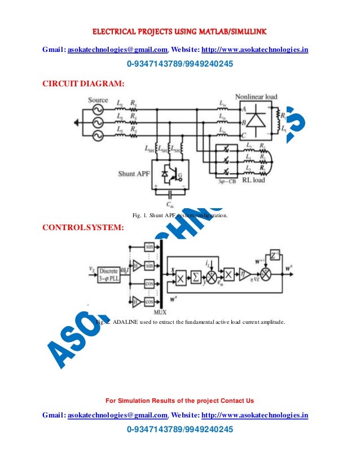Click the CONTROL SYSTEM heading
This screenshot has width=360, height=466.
coord(81,228)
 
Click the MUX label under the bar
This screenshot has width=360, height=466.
coord(160,312)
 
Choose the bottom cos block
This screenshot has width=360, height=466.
coord(150,302)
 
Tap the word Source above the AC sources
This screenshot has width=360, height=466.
coord(98,100)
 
